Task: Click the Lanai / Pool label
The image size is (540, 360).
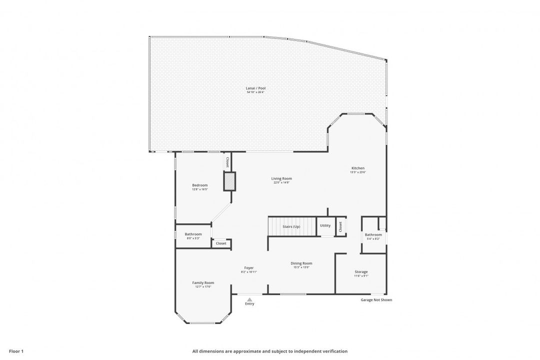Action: click(255, 88)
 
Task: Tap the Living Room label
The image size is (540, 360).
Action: click(281, 178)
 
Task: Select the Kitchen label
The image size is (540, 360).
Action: click(357, 168)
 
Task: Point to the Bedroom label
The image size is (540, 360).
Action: click(199, 185)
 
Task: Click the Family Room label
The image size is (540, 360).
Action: click(203, 282)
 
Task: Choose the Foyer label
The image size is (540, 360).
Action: click(249, 268)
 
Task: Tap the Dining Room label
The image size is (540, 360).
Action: click(301, 263)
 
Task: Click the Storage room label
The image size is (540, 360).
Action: click(361, 272)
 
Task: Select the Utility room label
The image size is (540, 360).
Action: click(325, 225)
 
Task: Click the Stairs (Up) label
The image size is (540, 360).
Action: click(291, 226)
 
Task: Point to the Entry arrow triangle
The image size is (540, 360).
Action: click(249, 299)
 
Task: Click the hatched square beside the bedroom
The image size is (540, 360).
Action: click(229, 181)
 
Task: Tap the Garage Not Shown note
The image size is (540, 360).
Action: click(376, 300)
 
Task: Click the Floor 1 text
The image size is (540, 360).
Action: click(16, 351)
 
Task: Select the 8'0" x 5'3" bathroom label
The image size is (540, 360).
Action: click(193, 238)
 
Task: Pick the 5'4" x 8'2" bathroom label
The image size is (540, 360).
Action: click(373, 238)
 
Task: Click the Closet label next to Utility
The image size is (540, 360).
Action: click(340, 226)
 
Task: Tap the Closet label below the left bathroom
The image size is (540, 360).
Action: click(221, 243)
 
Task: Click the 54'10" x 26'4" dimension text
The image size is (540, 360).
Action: click(255, 92)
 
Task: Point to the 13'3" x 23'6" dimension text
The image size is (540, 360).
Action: click(357, 172)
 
